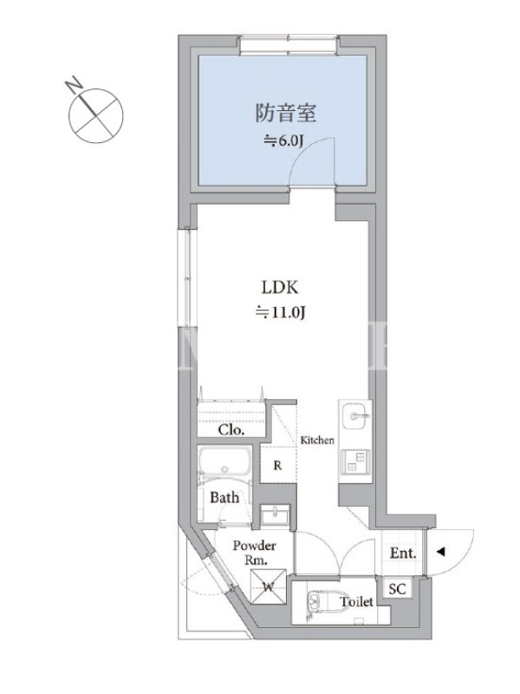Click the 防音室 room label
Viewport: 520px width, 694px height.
coord(286,113)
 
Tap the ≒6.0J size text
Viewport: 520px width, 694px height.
coord(283,141)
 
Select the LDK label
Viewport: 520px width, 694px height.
coord(280,288)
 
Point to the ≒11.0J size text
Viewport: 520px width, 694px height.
coord(280,313)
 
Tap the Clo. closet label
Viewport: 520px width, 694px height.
coord(231,429)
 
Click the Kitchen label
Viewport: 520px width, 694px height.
coord(317,440)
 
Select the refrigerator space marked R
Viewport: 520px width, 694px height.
coord(277,465)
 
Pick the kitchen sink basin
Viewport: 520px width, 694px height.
coord(355,416)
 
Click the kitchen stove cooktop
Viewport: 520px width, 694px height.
coord(355,462)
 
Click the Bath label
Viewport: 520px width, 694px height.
coord(224,497)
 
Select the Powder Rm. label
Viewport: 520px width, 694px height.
coord(255,553)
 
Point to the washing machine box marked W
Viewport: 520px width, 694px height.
coord(269,586)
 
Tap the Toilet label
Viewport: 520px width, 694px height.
coord(356,601)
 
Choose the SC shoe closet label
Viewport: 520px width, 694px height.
coord(397,589)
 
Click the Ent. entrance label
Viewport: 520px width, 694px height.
coord(403,553)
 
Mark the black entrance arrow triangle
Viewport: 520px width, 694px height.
coord(440,552)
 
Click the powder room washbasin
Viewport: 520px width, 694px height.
coord(275,515)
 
